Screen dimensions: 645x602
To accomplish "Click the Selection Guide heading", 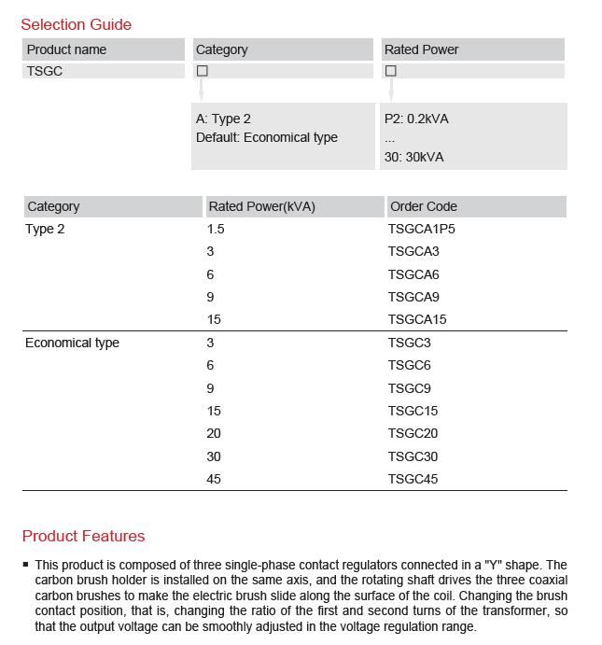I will click(x=76, y=24).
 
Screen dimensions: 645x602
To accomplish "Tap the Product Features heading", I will click(x=83, y=536).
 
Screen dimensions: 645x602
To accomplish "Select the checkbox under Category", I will click(x=202, y=71).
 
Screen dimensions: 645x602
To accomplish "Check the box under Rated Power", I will click(x=391, y=71).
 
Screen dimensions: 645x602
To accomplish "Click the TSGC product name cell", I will click(x=45, y=71).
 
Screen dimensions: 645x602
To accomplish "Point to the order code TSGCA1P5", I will click(x=421, y=229).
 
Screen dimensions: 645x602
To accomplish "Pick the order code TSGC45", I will click(x=413, y=479).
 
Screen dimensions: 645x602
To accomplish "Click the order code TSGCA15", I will click(x=417, y=319).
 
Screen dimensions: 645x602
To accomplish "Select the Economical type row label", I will click(x=72, y=343).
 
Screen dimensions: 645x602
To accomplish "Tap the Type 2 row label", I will click(x=45, y=229).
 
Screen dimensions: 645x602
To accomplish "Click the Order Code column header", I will click(x=424, y=206).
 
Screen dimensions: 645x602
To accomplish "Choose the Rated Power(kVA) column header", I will click(x=261, y=206).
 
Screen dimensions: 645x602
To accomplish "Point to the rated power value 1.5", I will click(x=216, y=229).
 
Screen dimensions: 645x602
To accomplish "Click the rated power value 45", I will click(x=215, y=479).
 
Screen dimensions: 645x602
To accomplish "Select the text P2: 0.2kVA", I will click(x=416, y=119).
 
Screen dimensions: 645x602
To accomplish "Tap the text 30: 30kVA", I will click(x=413, y=157).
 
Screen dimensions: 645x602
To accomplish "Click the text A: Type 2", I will click(x=223, y=119).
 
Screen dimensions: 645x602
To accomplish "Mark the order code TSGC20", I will click(x=413, y=433).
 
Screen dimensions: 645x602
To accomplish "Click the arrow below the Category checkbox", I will click(x=202, y=90).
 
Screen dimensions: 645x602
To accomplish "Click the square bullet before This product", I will click(x=26, y=566).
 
